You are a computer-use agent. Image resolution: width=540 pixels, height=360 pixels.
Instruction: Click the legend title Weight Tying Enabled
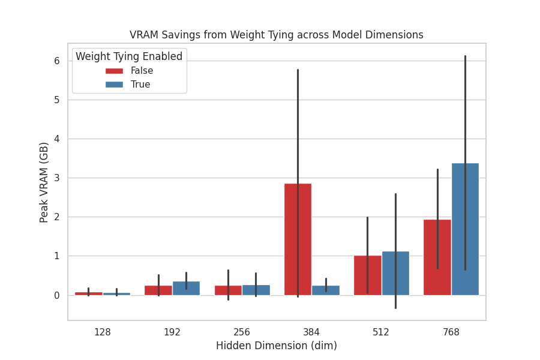click(129, 56)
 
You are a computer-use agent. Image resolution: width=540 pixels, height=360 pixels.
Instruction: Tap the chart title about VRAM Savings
click(277, 35)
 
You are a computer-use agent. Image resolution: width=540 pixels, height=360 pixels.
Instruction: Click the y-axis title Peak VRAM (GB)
click(44, 182)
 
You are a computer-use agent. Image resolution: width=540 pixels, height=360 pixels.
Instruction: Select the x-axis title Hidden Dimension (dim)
click(277, 346)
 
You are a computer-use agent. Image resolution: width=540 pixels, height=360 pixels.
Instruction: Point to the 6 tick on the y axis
click(56, 61)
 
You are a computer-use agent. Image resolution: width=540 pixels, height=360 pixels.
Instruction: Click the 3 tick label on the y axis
click(56, 178)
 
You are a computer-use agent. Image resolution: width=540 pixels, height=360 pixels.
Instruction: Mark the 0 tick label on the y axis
click(56, 295)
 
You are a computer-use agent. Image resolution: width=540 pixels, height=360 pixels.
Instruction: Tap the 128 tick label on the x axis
click(103, 332)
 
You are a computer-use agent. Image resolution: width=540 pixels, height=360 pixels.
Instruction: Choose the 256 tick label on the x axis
click(242, 332)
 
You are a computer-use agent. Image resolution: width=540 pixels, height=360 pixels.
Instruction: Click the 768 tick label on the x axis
click(451, 332)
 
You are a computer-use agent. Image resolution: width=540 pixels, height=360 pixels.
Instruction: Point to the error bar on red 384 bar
click(298, 120)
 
